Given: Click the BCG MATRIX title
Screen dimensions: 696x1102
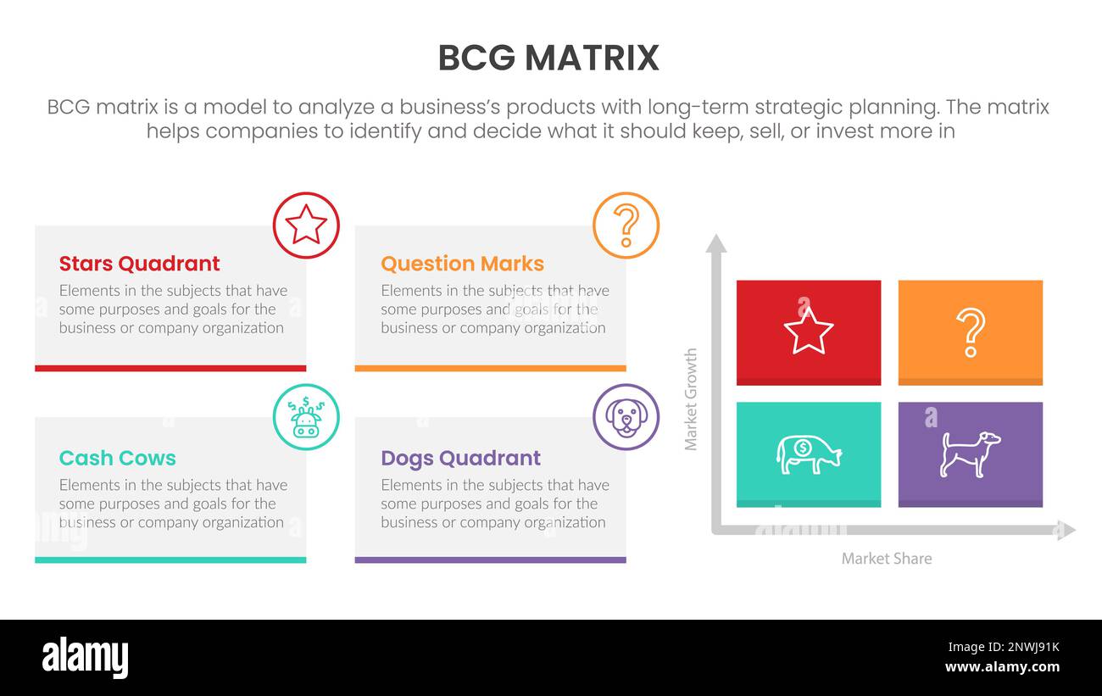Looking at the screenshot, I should coord(548,58).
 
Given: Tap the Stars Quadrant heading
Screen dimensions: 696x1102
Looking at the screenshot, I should coord(139,264).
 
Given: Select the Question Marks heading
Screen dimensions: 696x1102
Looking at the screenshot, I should coord(462,264).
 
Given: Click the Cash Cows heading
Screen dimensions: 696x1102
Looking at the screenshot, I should coord(117,458).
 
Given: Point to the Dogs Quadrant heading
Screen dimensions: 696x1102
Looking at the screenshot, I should coord(460,458).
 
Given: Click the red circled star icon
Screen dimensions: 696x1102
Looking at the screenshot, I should coord(306,226).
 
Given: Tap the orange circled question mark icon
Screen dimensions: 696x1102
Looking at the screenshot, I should coord(626,226).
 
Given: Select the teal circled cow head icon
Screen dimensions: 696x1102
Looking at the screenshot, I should coord(306,417).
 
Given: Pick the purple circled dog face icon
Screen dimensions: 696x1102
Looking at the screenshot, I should coord(626,417).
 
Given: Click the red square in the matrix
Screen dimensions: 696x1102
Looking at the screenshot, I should coord(808,331).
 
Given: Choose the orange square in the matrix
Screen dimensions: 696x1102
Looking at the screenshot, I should coord(970,331).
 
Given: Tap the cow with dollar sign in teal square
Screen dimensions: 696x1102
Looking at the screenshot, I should coord(808,454).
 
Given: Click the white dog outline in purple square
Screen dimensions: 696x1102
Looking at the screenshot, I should coord(970,454).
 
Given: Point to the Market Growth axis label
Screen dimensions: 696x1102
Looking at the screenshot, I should coord(691,398).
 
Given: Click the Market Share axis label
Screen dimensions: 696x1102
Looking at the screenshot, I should coord(886,559).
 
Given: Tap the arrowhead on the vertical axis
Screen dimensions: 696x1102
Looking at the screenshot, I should coord(716,243).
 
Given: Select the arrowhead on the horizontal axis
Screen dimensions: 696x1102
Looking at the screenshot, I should coord(1066,531).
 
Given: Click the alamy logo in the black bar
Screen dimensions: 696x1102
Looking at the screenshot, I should coord(86,658).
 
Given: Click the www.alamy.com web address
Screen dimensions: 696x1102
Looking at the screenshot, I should coord(1002,667).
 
